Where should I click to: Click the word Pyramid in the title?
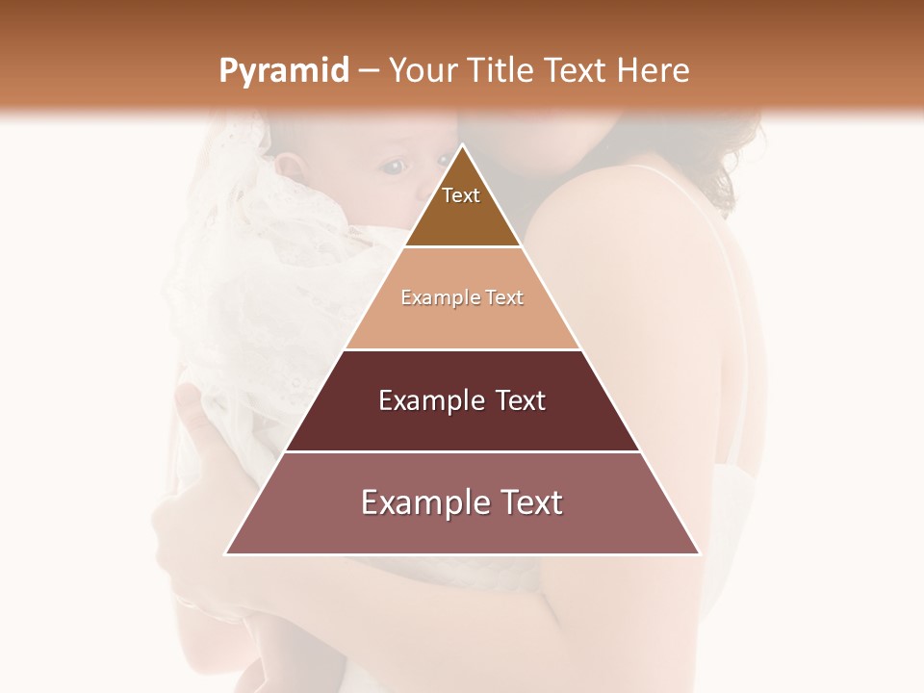pos(284,71)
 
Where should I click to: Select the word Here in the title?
pos(654,71)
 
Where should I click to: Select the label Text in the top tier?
pos(461,195)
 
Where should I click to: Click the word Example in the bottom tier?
pos(424,502)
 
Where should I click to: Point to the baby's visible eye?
pos(393,167)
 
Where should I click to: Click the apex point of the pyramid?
pos(463,144)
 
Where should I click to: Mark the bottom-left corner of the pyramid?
pos(225,554)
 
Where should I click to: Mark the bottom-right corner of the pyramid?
pos(700,554)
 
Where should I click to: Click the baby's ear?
pos(290,168)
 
